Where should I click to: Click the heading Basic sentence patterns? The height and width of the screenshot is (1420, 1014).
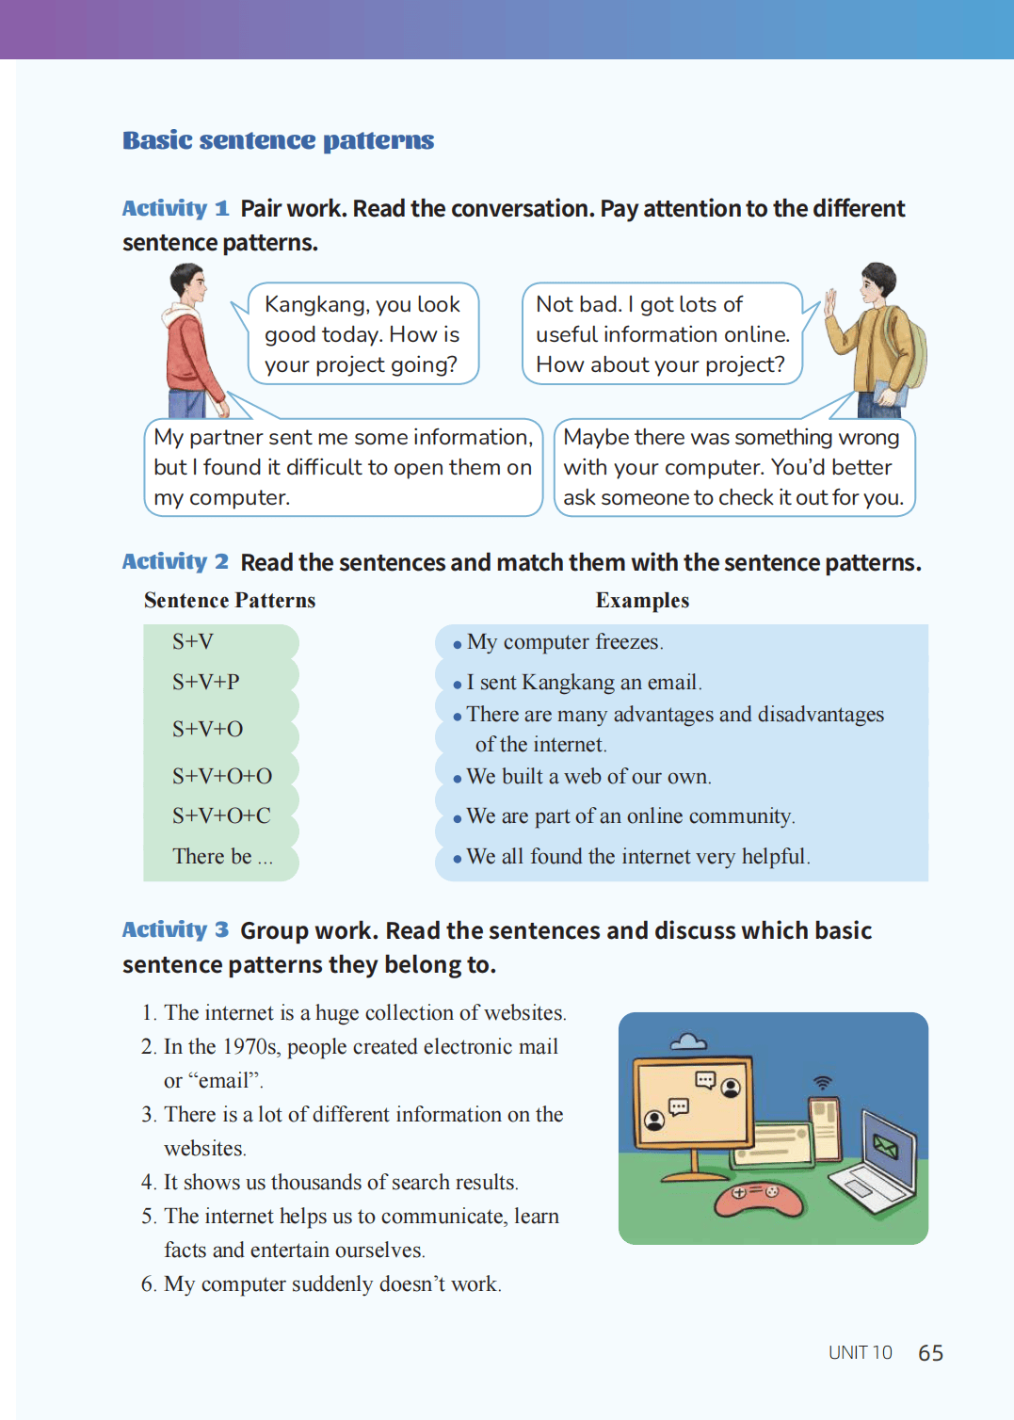278,140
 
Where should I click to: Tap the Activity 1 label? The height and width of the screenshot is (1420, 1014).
175,208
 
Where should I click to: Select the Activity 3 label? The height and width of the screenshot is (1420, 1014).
175,930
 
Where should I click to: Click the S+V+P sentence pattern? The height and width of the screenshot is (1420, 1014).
206,682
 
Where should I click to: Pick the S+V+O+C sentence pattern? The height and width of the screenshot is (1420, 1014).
221,815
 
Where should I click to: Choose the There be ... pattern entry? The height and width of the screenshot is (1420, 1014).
222,856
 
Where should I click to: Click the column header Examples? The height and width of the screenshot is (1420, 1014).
642,601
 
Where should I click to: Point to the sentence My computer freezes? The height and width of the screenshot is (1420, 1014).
565,642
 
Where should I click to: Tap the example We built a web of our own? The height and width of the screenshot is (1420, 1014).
588,777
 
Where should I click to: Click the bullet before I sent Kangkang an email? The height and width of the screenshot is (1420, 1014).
458,685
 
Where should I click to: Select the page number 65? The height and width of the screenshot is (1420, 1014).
930,1353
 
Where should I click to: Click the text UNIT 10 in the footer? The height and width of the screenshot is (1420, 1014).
860,1353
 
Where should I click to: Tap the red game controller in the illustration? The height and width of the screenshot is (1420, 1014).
758,1197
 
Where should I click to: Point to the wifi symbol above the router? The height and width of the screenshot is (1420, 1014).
823,1083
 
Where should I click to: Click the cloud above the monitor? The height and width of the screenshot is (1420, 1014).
688,1041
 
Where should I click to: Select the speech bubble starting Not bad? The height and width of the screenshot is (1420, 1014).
661,334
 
